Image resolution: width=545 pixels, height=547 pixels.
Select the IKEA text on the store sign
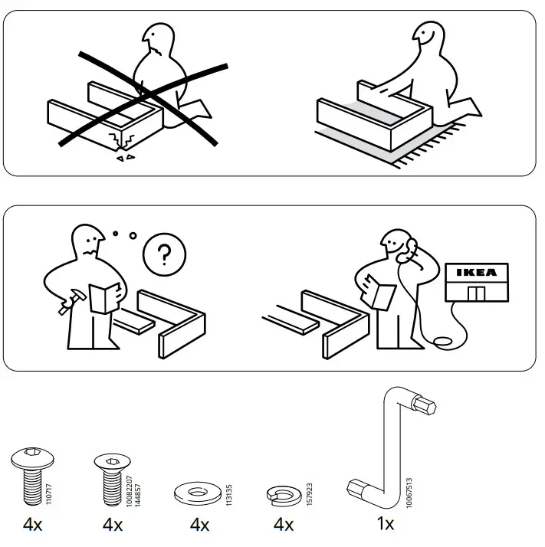(x=476, y=272)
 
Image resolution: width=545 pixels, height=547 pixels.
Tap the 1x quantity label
(x=386, y=524)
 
